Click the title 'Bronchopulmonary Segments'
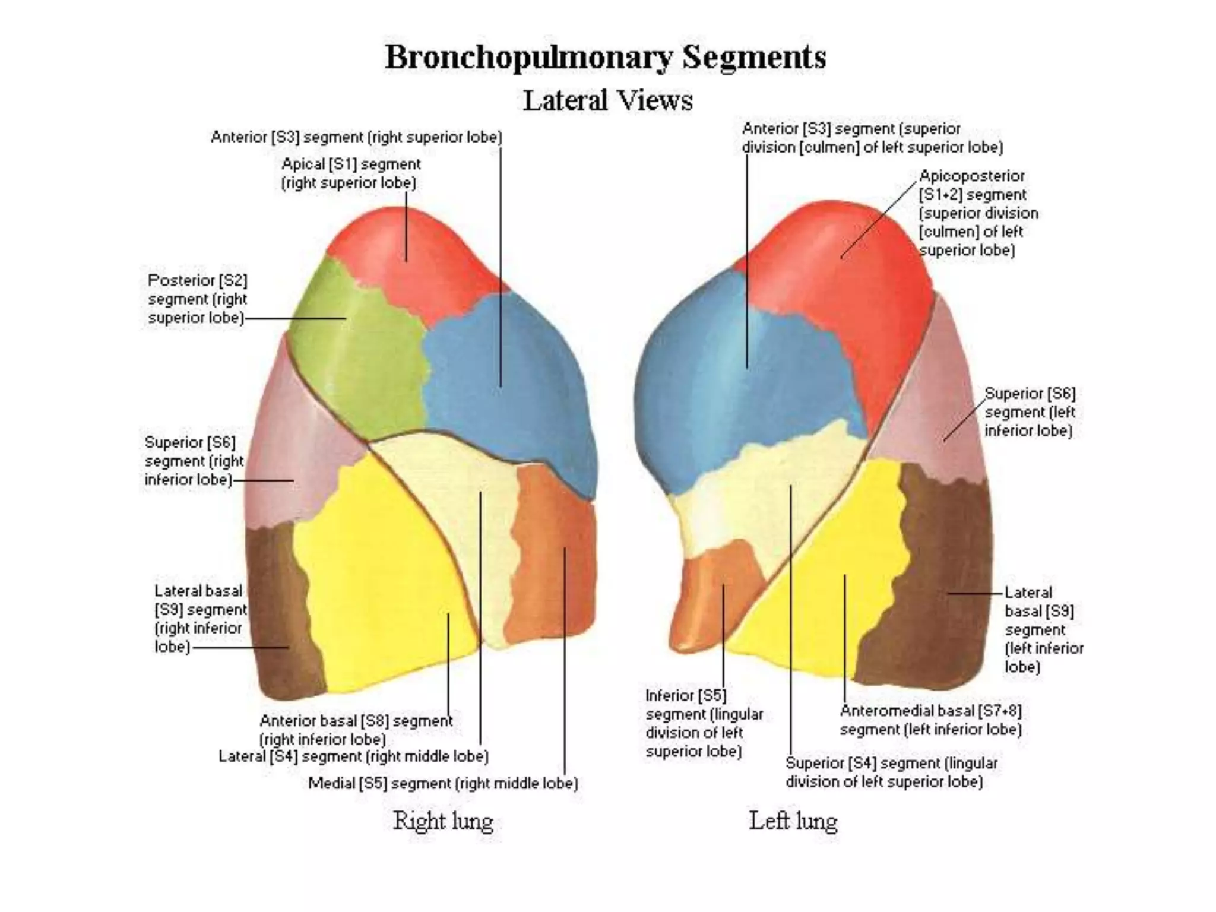tap(606, 58)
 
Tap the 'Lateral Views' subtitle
tap(607, 100)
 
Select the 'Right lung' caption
tap(443, 821)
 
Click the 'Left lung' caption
tap(793, 821)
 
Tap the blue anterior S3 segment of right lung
tap(505, 386)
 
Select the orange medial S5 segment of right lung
tap(552, 564)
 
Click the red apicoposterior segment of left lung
tap(849, 267)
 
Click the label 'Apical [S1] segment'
tap(351, 164)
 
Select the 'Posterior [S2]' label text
tap(197, 280)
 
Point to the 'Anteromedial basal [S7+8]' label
tap(930, 711)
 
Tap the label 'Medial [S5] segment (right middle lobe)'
tap(443, 784)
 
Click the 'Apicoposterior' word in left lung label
tap(971, 176)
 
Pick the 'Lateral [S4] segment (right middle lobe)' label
tap(354, 757)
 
